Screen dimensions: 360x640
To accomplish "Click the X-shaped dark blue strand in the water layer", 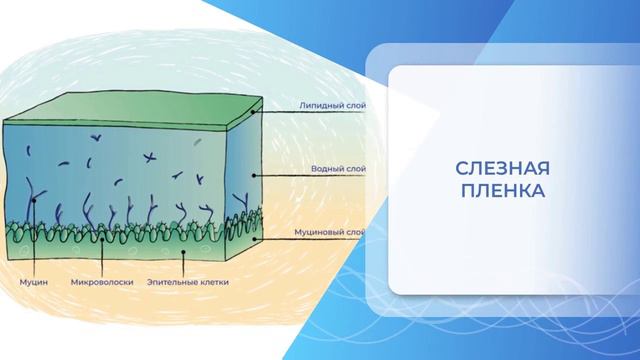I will [150, 156].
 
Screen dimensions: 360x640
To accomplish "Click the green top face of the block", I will [130, 112].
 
